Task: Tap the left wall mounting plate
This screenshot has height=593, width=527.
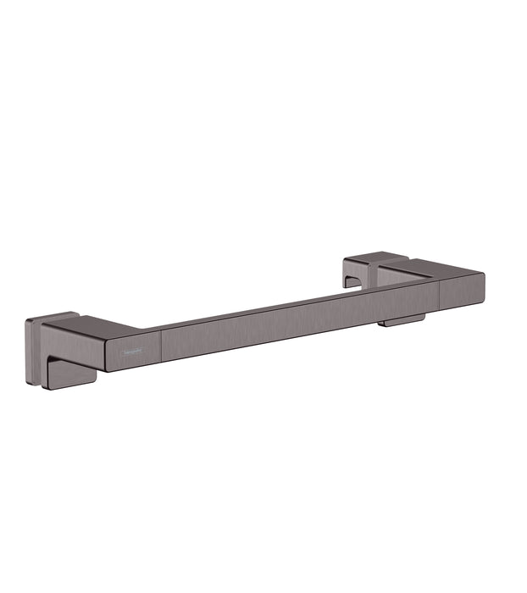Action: [33, 352]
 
